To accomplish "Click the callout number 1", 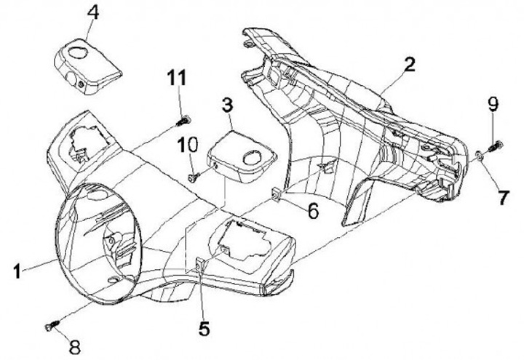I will pyautogui.click(x=17, y=273).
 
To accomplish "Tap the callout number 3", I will pyautogui.click(x=227, y=106).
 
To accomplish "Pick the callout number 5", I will pyautogui.click(x=205, y=328).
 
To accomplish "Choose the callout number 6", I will pyautogui.click(x=312, y=212).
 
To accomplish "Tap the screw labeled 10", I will pyautogui.click(x=192, y=175).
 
